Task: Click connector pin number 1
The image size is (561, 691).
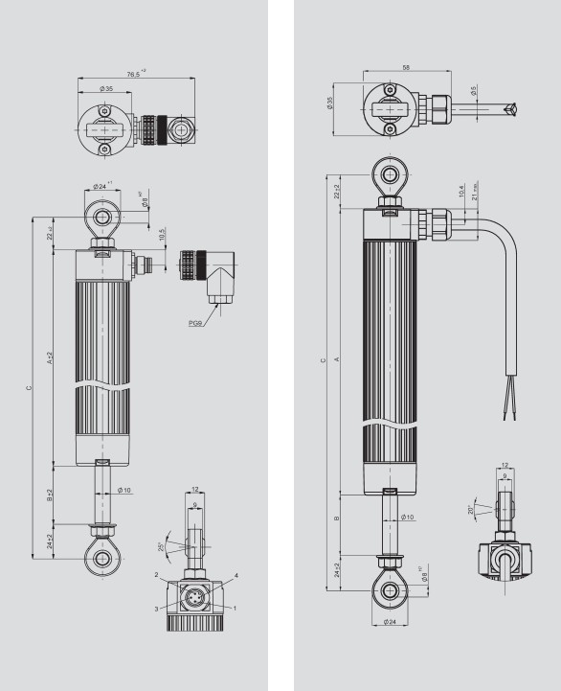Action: (x=234, y=608)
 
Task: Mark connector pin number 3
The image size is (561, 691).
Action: (x=157, y=608)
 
